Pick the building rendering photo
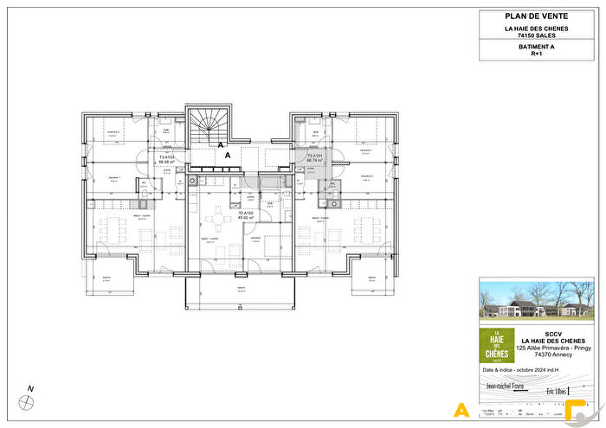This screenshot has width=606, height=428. [x=537, y=301]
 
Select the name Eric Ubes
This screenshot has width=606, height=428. [x=564, y=392]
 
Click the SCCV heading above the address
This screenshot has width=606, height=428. [x=552, y=332]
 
